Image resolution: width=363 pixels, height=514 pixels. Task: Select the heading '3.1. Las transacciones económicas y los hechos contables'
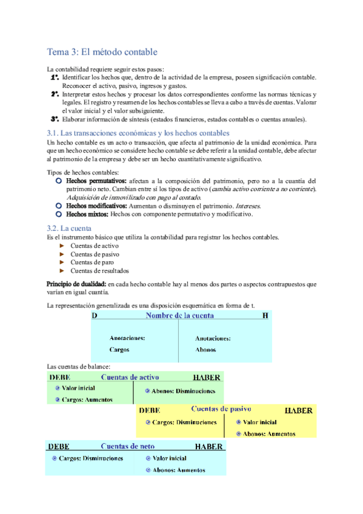[x=138, y=133]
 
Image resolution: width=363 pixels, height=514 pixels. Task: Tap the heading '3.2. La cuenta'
[x=69, y=228]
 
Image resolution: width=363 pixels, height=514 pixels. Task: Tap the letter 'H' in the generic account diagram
[x=265, y=316]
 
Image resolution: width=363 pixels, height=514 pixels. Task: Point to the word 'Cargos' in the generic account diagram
[x=119, y=350]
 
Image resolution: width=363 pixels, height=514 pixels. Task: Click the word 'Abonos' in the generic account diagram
[x=205, y=350]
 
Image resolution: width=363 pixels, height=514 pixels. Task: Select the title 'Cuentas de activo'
[x=131, y=377]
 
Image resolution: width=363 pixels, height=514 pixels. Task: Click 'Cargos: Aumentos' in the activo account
[x=87, y=399]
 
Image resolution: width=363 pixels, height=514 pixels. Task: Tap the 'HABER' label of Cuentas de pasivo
[x=298, y=410]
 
